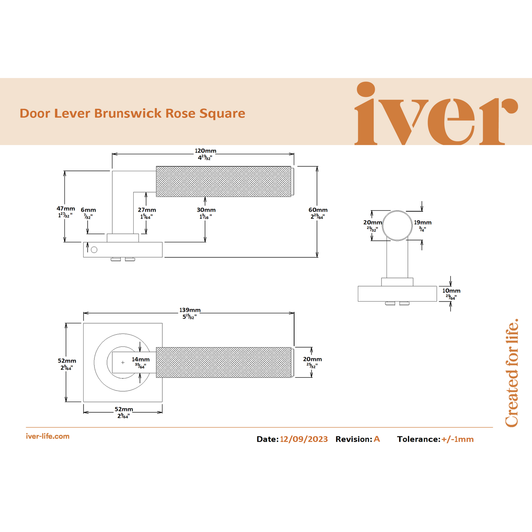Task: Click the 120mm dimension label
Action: (x=205, y=151)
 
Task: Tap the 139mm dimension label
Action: (x=190, y=310)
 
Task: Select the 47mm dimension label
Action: (x=66, y=209)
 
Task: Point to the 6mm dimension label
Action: (x=88, y=210)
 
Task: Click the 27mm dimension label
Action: (x=147, y=210)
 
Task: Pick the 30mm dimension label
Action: (x=206, y=210)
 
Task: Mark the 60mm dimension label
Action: (x=318, y=210)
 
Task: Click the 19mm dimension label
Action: (x=423, y=222)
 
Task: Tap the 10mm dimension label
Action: (x=451, y=291)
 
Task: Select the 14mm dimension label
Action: (x=141, y=359)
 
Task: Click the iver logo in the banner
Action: (x=436, y=114)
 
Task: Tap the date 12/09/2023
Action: (x=304, y=439)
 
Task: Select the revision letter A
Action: (x=377, y=439)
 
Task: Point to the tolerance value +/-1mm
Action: (x=457, y=439)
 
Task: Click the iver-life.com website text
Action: (x=47, y=436)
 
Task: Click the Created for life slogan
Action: (x=512, y=373)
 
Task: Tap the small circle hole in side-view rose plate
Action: (x=94, y=250)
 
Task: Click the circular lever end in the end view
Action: (x=397, y=226)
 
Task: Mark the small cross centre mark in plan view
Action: (x=123, y=363)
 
